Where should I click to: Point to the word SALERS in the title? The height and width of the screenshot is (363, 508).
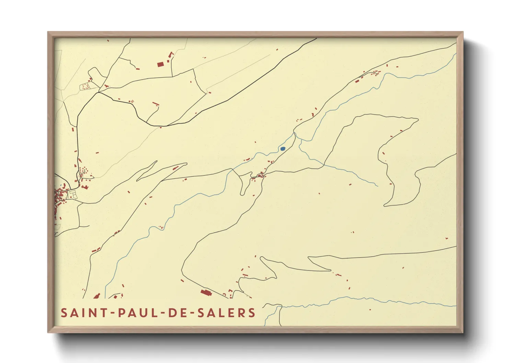(232, 313)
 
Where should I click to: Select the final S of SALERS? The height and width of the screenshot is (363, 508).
(252, 313)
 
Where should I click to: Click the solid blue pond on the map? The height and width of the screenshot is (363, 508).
(282, 149)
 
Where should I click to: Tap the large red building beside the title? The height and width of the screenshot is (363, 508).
(205, 292)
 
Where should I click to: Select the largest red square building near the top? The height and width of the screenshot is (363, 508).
(160, 64)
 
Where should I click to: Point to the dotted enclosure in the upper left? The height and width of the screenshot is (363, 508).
(85, 86)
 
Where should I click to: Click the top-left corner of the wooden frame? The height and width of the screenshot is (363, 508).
(48, 32)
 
